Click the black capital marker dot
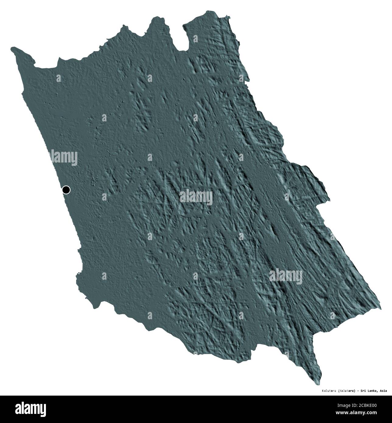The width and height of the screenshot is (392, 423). click(x=66, y=190)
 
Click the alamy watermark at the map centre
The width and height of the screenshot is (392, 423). click(x=196, y=196)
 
